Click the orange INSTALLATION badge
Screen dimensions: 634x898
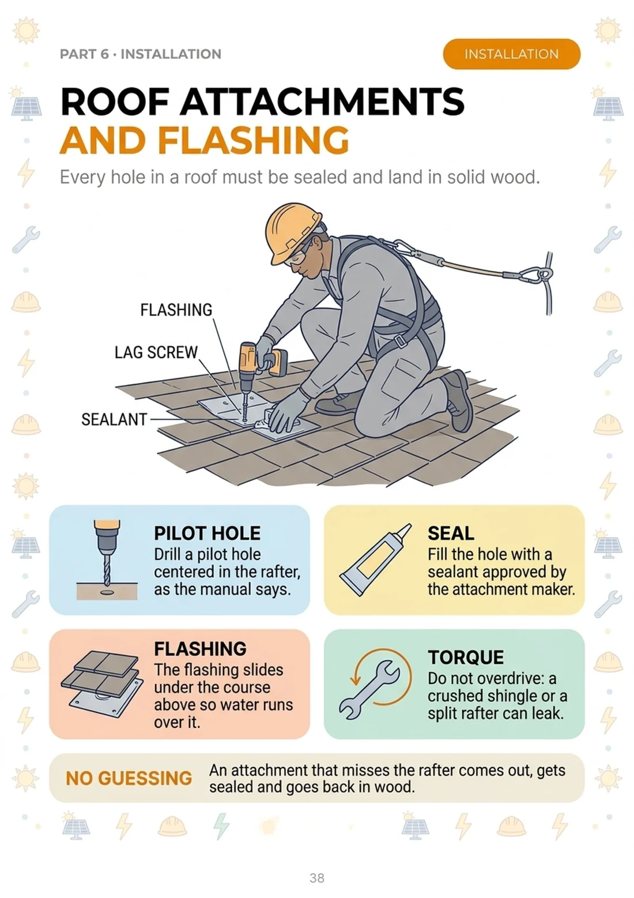[511, 54]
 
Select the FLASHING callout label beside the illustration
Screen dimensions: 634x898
[176, 310]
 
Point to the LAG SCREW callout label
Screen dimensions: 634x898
[156, 352]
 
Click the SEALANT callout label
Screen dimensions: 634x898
[114, 419]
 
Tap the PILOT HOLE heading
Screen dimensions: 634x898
[207, 533]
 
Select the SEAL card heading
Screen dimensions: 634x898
[451, 533]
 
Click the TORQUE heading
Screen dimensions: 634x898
[465, 657]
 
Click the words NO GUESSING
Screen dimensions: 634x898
[129, 779]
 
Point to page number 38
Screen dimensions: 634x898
[317, 878]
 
